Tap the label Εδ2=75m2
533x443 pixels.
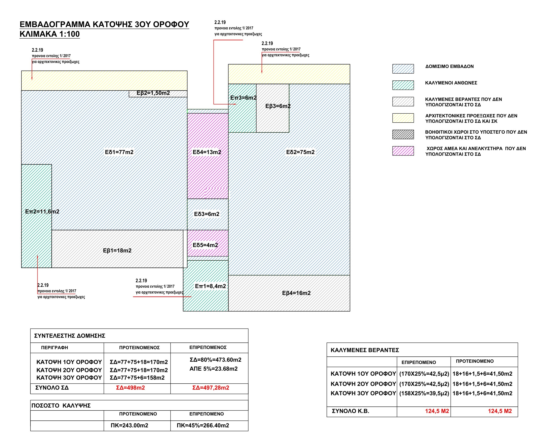coord(300,152)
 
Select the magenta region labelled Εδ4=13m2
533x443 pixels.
coord(208,156)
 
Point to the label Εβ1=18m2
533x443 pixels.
coord(117,251)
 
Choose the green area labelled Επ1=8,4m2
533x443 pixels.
coord(206,286)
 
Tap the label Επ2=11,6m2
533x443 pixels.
coord(42,211)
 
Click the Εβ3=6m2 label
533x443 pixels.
coord(278,106)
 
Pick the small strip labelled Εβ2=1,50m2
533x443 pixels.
coord(158,94)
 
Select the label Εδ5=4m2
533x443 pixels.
coord(205,245)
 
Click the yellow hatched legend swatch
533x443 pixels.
coord(403,118)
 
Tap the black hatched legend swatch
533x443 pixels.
coord(403,134)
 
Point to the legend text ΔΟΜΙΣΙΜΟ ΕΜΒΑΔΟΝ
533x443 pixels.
coord(450,67)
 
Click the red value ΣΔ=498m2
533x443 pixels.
coord(130,388)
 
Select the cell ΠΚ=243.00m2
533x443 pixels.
coord(129,425)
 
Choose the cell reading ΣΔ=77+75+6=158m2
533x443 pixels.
coord(137,378)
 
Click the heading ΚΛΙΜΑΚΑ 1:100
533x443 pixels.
coord(50,34)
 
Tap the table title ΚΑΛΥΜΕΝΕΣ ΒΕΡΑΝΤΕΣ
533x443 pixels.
coord(365,350)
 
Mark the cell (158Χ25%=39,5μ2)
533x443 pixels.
coord(424,394)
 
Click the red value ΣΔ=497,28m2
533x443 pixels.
coord(211,388)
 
